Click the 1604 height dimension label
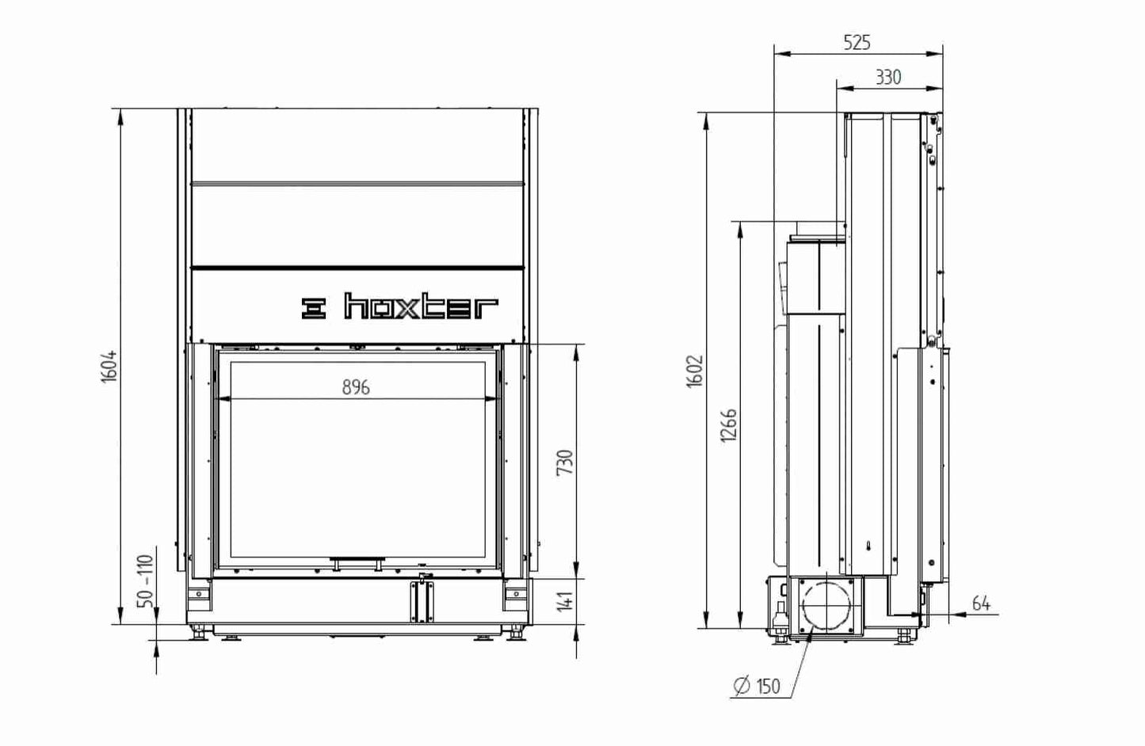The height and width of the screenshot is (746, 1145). [x=109, y=367]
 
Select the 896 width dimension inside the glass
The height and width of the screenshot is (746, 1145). [x=356, y=387]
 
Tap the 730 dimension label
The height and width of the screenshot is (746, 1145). [x=565, y=462]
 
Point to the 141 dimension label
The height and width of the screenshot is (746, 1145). [x=565, y=601]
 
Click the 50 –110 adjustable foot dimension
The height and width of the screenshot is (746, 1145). [x=146, y=581]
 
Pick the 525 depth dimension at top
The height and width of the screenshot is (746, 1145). [x=857, y=43]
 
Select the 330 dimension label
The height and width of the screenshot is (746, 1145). [x=888, y=77]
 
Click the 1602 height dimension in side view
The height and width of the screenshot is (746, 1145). [x=695, y=371]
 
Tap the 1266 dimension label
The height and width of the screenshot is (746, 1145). [x=729, y=425]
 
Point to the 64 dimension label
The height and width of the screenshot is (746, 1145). [x=981, y=603]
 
